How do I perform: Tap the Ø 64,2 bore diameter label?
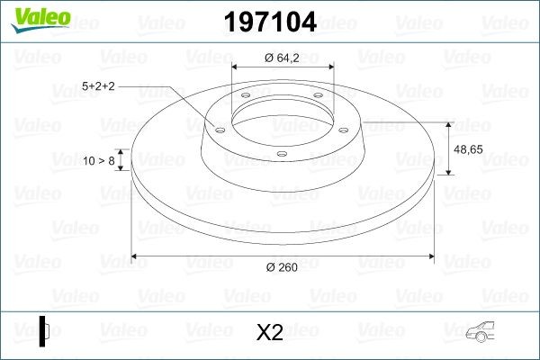(282, 59)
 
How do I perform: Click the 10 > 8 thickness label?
(99, 160)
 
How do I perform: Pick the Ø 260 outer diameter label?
(282, 266)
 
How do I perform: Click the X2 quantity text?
(269, 333)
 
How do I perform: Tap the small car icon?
(491, 334)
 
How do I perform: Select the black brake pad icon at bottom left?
(44, 331)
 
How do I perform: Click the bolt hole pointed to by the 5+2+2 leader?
(219, 130)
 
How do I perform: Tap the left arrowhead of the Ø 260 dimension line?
(136, 256)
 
